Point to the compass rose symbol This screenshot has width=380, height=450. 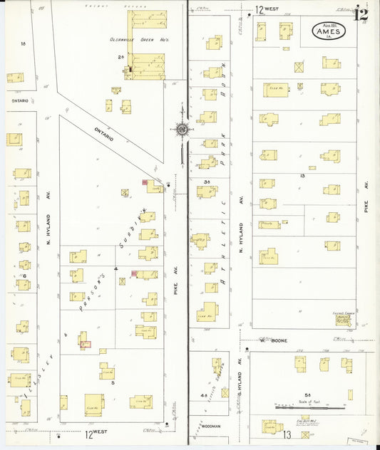(x=183, y=130)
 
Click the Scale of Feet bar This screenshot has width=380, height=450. (x=307, y=408)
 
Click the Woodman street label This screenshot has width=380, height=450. (x=211, y=427)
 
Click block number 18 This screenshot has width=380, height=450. (x=23, y=44)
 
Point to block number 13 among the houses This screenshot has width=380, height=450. (x=302, y=175)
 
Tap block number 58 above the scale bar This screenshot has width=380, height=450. (x=308, y=394)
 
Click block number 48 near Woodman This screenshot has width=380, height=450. (x=204, y=396)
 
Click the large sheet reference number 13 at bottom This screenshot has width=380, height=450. (x=288, y=434)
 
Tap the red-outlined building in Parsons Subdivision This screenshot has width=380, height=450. (x=86, y=345)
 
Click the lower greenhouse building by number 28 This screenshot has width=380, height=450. (x=148, y=66)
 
